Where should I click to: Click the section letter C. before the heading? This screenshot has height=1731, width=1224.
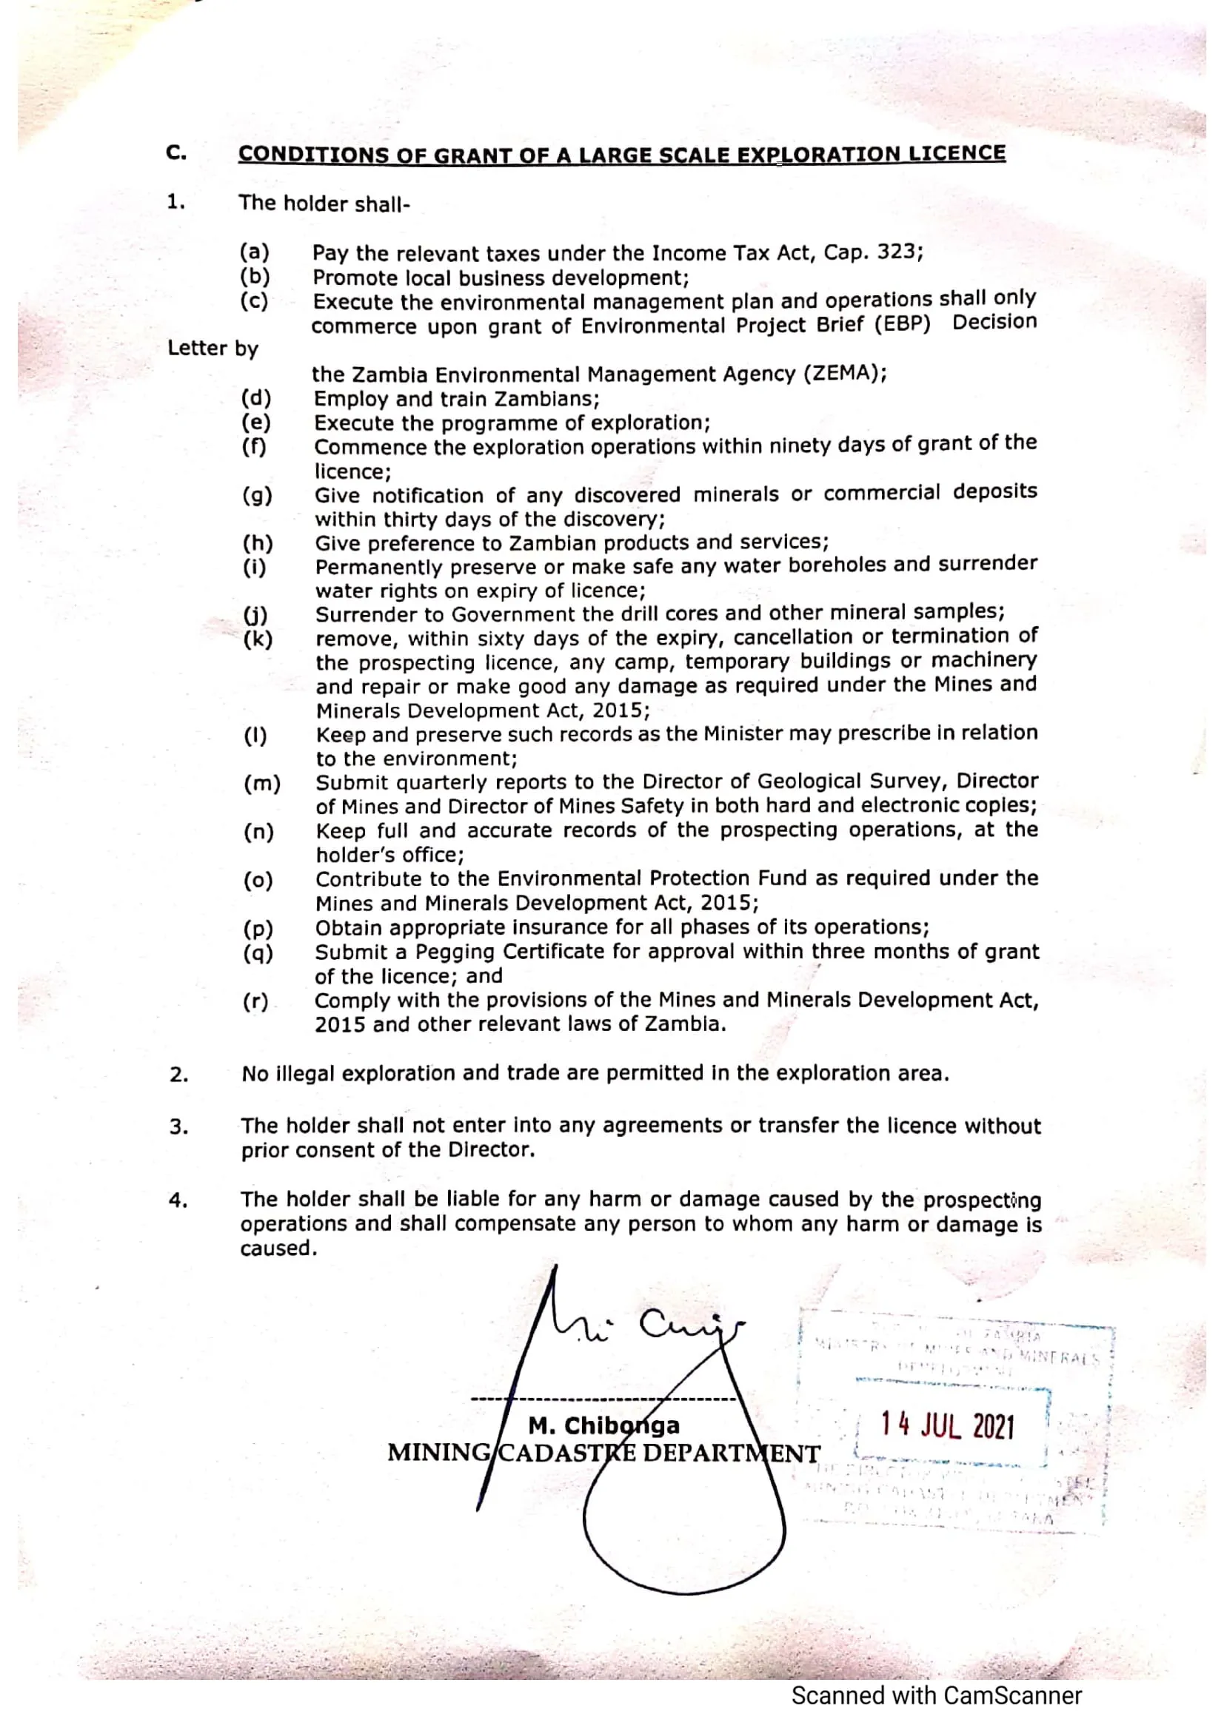[176, 153]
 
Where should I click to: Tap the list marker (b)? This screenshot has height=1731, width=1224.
[255, 276]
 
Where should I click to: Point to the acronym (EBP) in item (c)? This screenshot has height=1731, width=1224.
[902, 324]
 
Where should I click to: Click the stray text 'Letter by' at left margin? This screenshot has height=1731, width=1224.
[213, 349]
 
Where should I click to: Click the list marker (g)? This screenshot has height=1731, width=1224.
[257, 495]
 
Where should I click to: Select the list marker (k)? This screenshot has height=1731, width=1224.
[258, 639]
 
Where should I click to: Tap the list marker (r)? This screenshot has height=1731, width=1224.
[255, 1001]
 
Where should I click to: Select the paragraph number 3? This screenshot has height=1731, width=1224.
[178, 1127]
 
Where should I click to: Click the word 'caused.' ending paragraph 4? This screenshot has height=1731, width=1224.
[278, 1248]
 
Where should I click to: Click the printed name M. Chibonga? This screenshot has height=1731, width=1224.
[603, 1425]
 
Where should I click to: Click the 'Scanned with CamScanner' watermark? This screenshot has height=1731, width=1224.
[936, 1695]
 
